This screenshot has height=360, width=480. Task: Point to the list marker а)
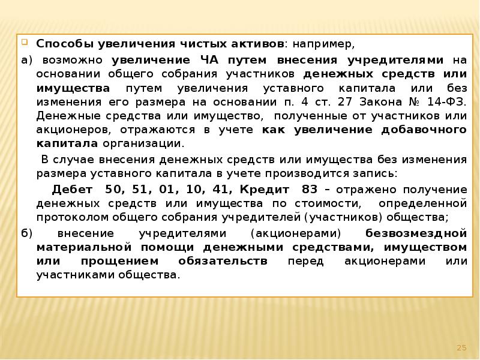coord(24,61)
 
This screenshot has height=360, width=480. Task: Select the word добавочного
coord(421,130)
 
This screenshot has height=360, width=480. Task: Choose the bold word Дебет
coord(72,189)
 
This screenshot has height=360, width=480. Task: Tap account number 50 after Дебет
coord(112,189)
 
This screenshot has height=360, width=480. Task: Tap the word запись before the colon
coord(375,173)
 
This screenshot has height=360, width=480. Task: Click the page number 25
coord(461,347)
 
